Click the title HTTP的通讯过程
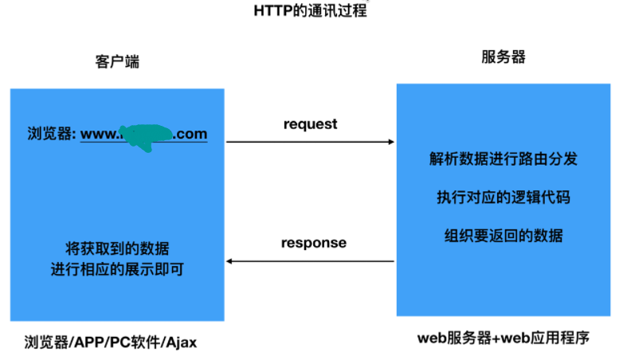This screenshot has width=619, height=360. (x=310, y=10)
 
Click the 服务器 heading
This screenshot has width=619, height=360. (x=503, y=57)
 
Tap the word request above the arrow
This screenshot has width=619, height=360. (x=310, y=124)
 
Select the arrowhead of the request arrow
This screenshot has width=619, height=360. (x=390, y=142)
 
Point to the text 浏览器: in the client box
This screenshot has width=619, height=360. (x=52, y=135)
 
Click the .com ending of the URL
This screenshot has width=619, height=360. (x=190, y=135)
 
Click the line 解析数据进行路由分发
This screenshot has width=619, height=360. (x=503, y=158)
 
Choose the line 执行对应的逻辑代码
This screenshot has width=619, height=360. (x=503, y=197)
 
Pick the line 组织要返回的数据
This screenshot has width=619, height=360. (x=503, y=236)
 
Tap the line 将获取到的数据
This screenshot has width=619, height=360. (x=116, y=248)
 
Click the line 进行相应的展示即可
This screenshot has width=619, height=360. (x=116, y=269)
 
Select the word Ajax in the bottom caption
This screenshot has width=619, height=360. (x=179, y=343)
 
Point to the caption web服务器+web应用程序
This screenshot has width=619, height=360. (x=503, y=338)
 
